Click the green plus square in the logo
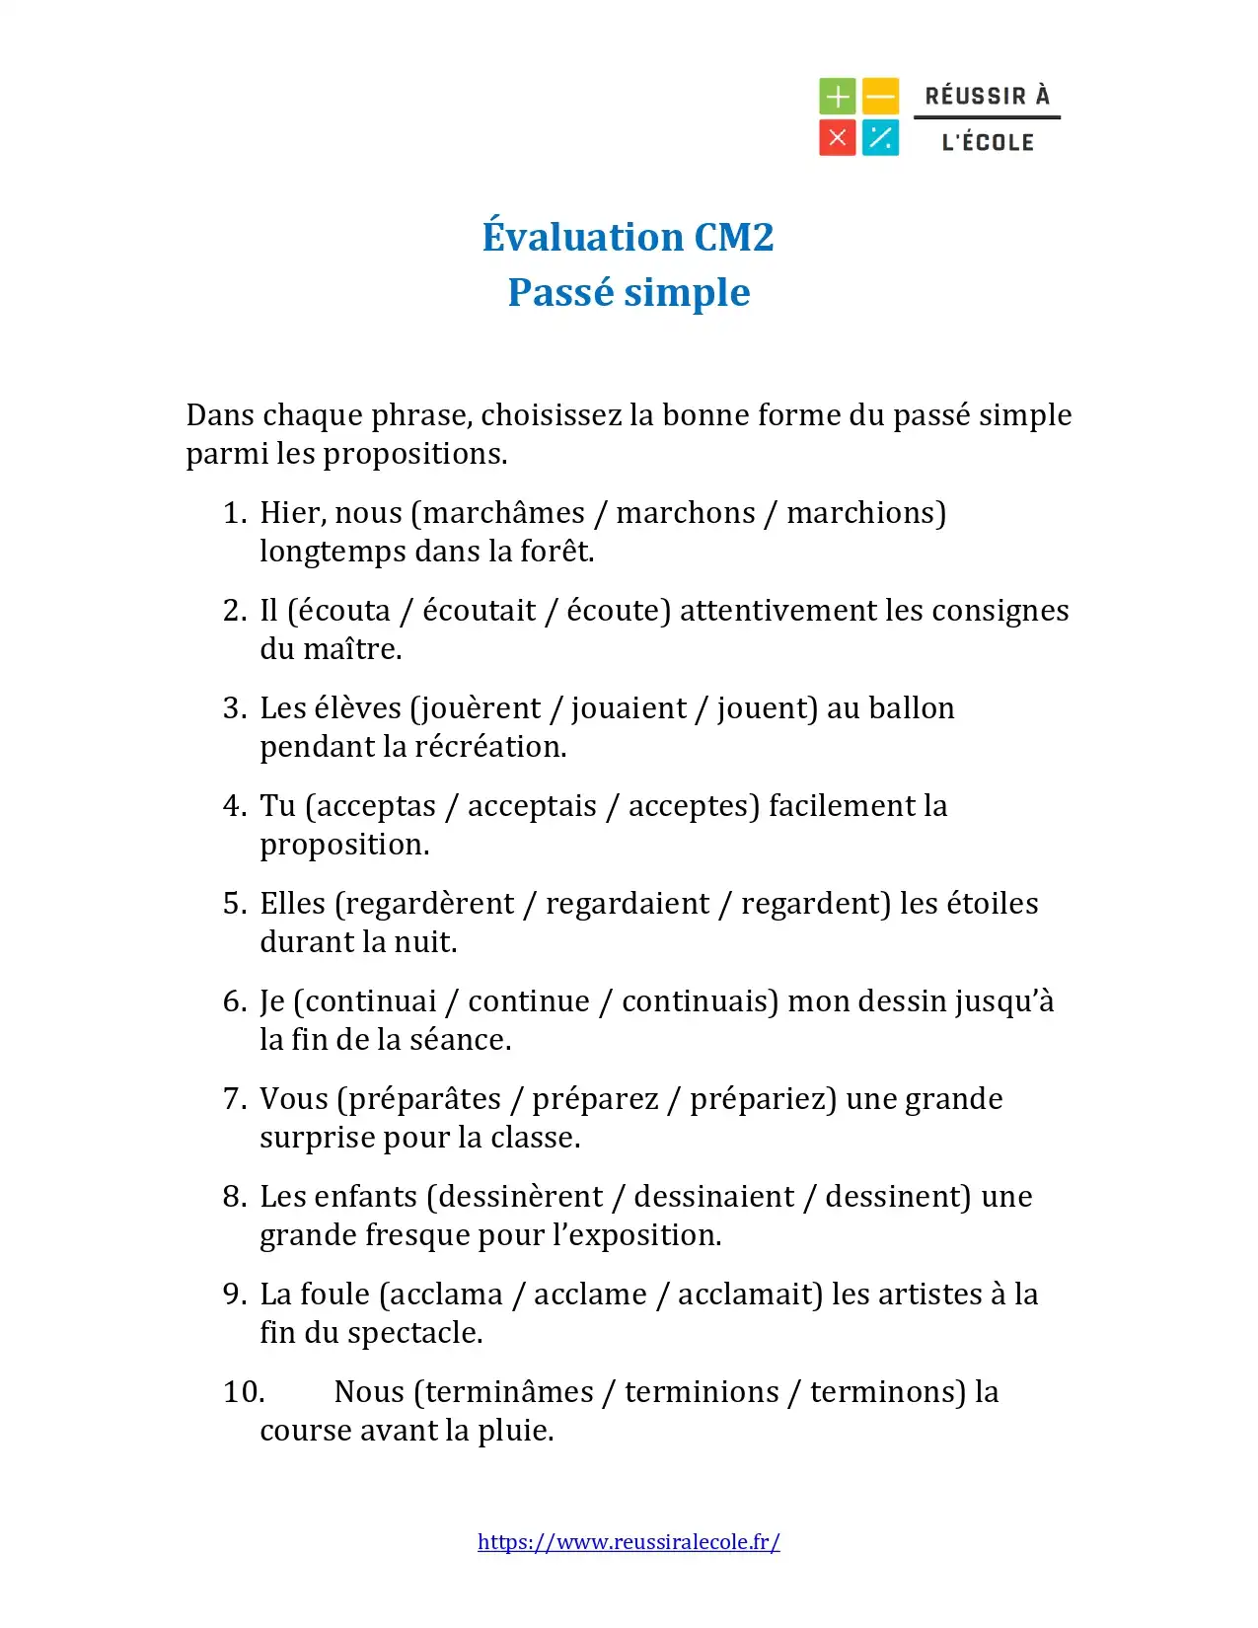838,97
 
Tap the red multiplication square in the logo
838,138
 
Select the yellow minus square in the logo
880,97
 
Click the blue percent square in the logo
880,138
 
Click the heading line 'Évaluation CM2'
628,237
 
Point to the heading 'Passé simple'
629,292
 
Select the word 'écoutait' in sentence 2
480,611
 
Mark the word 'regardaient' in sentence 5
628,904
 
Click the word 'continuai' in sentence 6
371,1001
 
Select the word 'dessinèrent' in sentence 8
520,1197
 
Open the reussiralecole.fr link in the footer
629,1542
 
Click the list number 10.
243,1392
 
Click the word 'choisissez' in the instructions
552,415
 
